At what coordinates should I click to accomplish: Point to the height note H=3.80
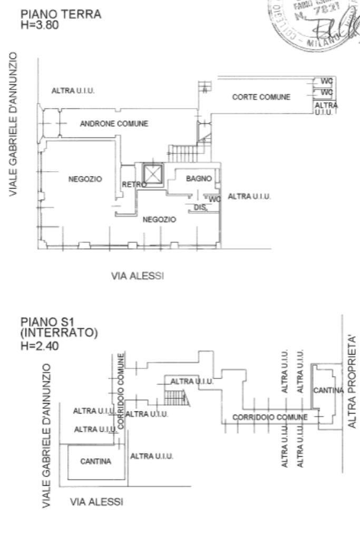pos(37,24)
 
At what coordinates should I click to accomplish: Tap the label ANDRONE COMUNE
pos(114,124)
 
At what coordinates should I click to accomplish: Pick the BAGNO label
pos(199,179)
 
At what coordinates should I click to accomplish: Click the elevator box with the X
pos(153,174)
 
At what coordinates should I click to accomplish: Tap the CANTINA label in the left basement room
pos(95,462)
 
